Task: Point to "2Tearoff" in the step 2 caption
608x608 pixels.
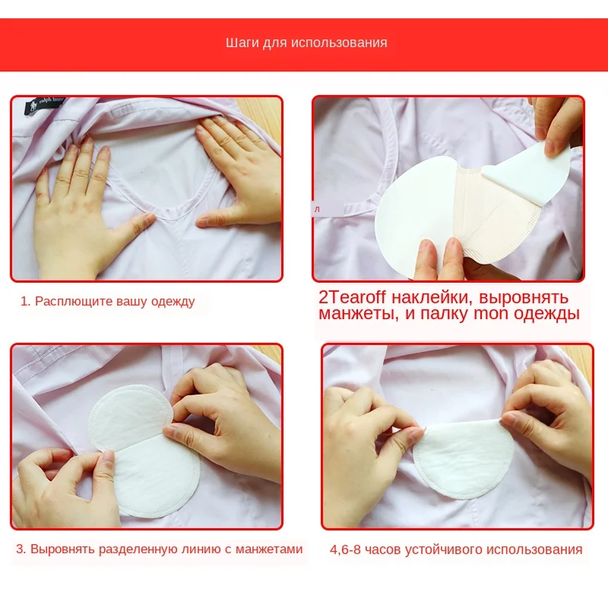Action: point(352,298)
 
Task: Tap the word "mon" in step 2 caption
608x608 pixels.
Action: point(491,314)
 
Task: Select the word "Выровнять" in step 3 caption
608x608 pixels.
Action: point(62,549)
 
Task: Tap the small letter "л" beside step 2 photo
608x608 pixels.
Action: point(317,210)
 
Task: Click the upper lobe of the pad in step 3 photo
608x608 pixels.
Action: point(130,416)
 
